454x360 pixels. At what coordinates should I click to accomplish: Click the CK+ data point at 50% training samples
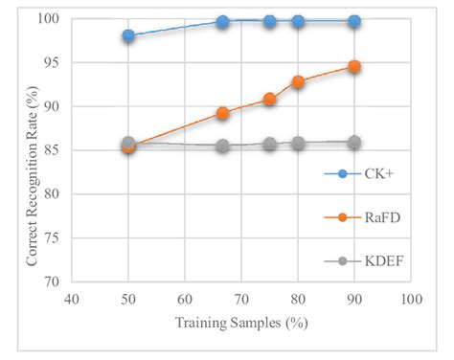(x=128, y=36)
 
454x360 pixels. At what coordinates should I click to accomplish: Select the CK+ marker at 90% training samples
(x=354, y=21)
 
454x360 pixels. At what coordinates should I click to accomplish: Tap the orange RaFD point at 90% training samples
(x=354, y=67)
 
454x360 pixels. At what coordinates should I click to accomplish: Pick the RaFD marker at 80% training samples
(x=298, y=82)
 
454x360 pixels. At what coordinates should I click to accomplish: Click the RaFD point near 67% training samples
(x=222, y=113)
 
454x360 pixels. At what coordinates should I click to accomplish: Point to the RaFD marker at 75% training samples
(x=270, y=100)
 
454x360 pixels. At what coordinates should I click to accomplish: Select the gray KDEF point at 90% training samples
(x=354, y=142)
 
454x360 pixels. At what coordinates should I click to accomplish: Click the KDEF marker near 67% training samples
(x=222, y=146)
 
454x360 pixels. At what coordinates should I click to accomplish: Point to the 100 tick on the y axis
(x=50, y=19)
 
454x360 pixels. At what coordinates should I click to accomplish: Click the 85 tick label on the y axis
(x=53, y=150)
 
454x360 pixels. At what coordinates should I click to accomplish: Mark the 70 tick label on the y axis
(x=53, y=282)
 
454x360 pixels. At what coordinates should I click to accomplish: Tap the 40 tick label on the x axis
(x=72, y=300)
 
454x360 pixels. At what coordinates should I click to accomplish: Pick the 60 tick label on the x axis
(x=185, y=300)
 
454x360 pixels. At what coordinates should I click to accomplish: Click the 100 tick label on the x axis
(x=411, y=300)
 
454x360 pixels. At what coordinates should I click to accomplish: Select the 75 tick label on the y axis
(x=53, y=238)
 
